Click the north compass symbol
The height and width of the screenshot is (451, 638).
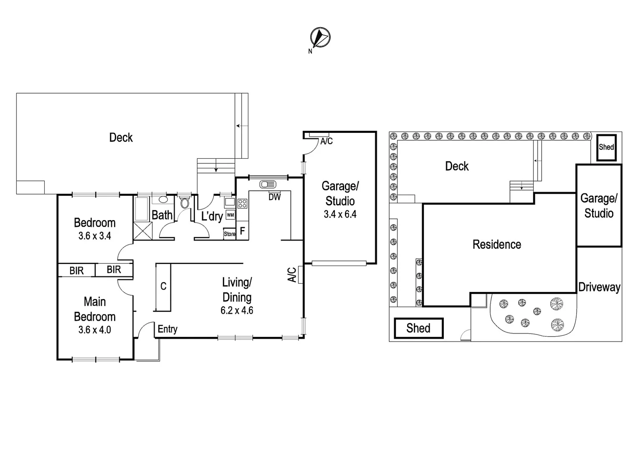tap(320, 37)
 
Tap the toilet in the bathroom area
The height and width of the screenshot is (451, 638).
tap(185, 203)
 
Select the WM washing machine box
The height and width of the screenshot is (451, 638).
tap(230, 215)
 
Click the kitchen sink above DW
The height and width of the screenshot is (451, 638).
tap(267, 184)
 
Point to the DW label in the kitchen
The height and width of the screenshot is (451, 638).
tap(274, 197)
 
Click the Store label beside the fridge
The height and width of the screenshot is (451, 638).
tap(230, 234)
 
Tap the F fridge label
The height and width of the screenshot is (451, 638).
tap(242, 231)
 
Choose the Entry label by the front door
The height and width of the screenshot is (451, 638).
tap(167, 329)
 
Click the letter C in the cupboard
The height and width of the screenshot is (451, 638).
tap(163, 286)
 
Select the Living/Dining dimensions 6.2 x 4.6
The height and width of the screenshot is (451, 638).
tap(237, 310)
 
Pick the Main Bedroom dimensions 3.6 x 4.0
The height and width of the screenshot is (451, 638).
tap(94, 329)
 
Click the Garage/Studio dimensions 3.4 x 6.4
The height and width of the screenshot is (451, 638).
tap(340, 214)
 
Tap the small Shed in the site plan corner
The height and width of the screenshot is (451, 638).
tap(606, 147)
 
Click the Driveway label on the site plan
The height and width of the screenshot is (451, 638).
tap(599, 287)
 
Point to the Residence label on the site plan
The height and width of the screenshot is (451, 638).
tap(497, 244)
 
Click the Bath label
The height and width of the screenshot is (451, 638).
tap(162, 215)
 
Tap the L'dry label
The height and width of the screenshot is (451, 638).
tap(212, 216)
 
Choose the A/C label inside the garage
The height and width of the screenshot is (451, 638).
tap(327, 141)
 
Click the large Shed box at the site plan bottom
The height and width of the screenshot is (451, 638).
tap(418, 328)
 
